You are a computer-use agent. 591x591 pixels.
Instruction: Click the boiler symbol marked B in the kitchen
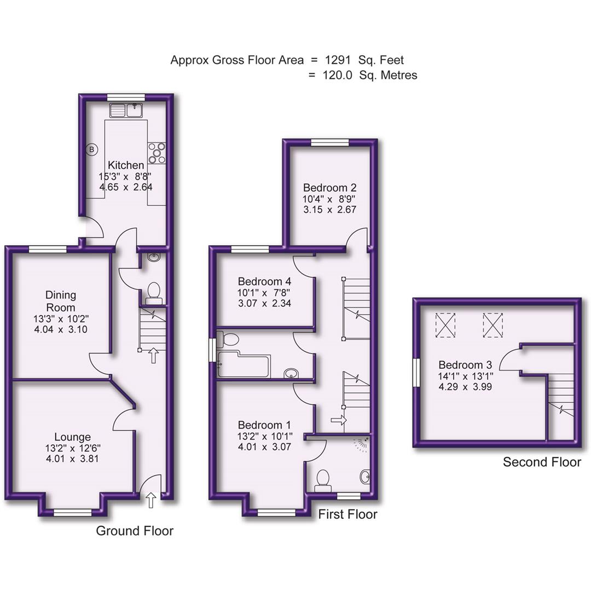pos(92,148)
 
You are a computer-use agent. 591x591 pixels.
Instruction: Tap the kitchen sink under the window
pos(126,111)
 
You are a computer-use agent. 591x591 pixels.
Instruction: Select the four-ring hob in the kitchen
pos(157,153)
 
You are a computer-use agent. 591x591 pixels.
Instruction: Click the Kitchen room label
pos(126,165)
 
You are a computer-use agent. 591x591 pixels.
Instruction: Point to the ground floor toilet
pos(153,292)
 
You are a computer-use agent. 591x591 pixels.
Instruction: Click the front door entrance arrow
pos(151,499)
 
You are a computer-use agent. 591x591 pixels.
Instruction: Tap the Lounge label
pos(72,437)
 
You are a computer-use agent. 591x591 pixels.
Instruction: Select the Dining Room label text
pos(61,301)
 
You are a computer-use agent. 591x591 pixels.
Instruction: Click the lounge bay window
pos(72,512)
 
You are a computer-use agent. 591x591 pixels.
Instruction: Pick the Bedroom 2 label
pos(329,186)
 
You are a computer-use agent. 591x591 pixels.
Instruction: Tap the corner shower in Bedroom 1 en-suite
pos(361,444)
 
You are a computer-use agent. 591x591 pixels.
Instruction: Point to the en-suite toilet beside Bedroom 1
pos(323,478)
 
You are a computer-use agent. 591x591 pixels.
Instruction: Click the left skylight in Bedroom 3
pos(445,325)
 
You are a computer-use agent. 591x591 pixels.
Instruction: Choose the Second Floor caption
pos(542,462)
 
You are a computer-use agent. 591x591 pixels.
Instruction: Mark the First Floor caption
pos(348,514)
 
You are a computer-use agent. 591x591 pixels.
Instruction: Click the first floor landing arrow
pos(339,420)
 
